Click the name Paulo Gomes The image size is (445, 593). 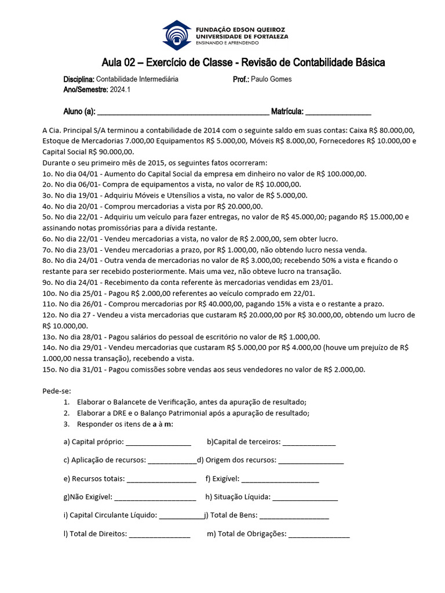[272, 79]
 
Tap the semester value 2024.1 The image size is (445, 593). [121, 90]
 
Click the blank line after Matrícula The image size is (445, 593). [338, 112]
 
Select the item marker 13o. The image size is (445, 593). [49, 337]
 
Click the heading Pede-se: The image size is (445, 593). [57, 391]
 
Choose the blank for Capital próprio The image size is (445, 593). [158, 442]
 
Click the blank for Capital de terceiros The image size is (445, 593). [309, 442]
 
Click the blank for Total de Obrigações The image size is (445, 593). [319, 535]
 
